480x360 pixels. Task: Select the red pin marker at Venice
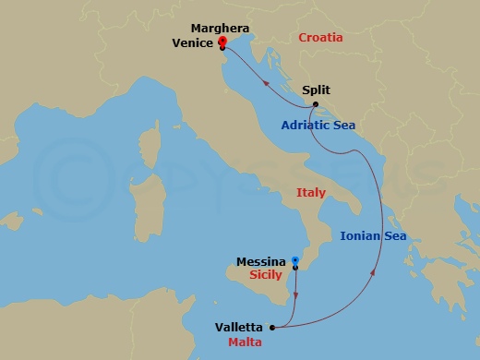click(222, 42)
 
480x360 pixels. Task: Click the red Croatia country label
click(320, 38)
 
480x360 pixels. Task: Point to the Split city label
click(316, 91)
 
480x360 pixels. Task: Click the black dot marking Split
click(316, 105)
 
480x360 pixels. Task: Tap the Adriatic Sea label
click(318, 125)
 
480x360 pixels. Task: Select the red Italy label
click(311, 193)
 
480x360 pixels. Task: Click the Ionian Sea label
click(373, 236)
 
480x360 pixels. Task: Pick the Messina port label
click(260, 262)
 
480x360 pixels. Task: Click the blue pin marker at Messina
click(295, 261)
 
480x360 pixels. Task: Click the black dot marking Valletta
click(271, 327)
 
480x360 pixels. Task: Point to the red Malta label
click(243, 341)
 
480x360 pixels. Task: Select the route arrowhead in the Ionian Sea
click(374, 273)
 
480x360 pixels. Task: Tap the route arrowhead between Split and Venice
click(268, 82)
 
